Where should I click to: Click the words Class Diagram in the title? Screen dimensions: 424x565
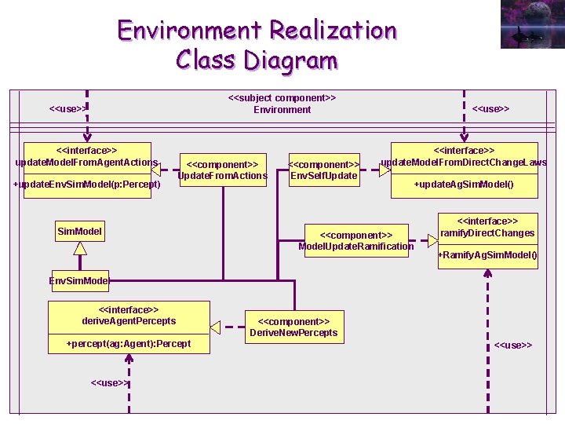point(257,60)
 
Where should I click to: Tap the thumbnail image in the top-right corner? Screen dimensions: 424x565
point(531,25)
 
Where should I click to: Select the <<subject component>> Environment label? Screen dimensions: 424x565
point(282,104)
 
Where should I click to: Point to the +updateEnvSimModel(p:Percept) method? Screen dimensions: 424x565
point(87,185)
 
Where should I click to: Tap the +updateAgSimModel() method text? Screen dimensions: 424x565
point(464,185)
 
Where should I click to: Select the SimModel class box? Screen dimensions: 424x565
point(80,232)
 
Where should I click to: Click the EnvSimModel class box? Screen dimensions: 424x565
point(79,280)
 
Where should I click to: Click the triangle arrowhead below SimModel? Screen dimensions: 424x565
point(80,248)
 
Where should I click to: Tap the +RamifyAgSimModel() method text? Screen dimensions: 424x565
point(487,255)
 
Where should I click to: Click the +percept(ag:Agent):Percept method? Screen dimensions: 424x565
point(129,344)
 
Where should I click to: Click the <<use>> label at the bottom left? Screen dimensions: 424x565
point(110,382)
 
